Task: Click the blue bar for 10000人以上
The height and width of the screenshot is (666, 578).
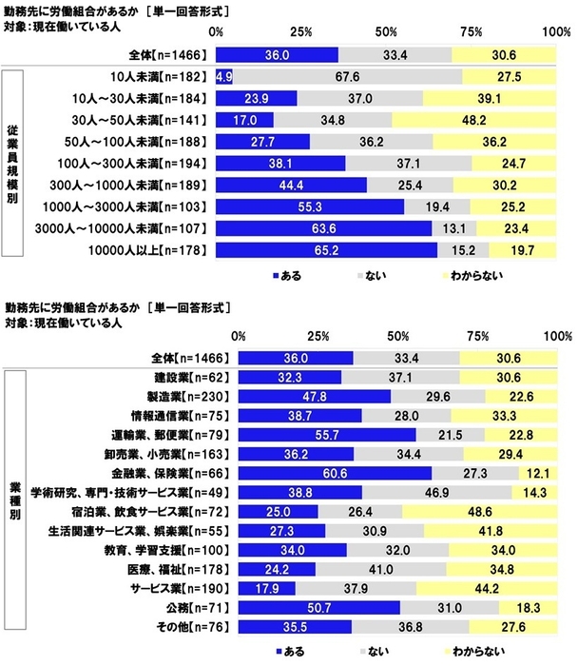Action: (x=326, y=251)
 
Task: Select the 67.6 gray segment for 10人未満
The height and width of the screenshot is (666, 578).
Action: (x=347, y=76)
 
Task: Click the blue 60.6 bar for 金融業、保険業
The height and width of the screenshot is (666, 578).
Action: (x=335, y=473)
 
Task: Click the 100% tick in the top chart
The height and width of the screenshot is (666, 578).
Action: (x=557, y=31)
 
